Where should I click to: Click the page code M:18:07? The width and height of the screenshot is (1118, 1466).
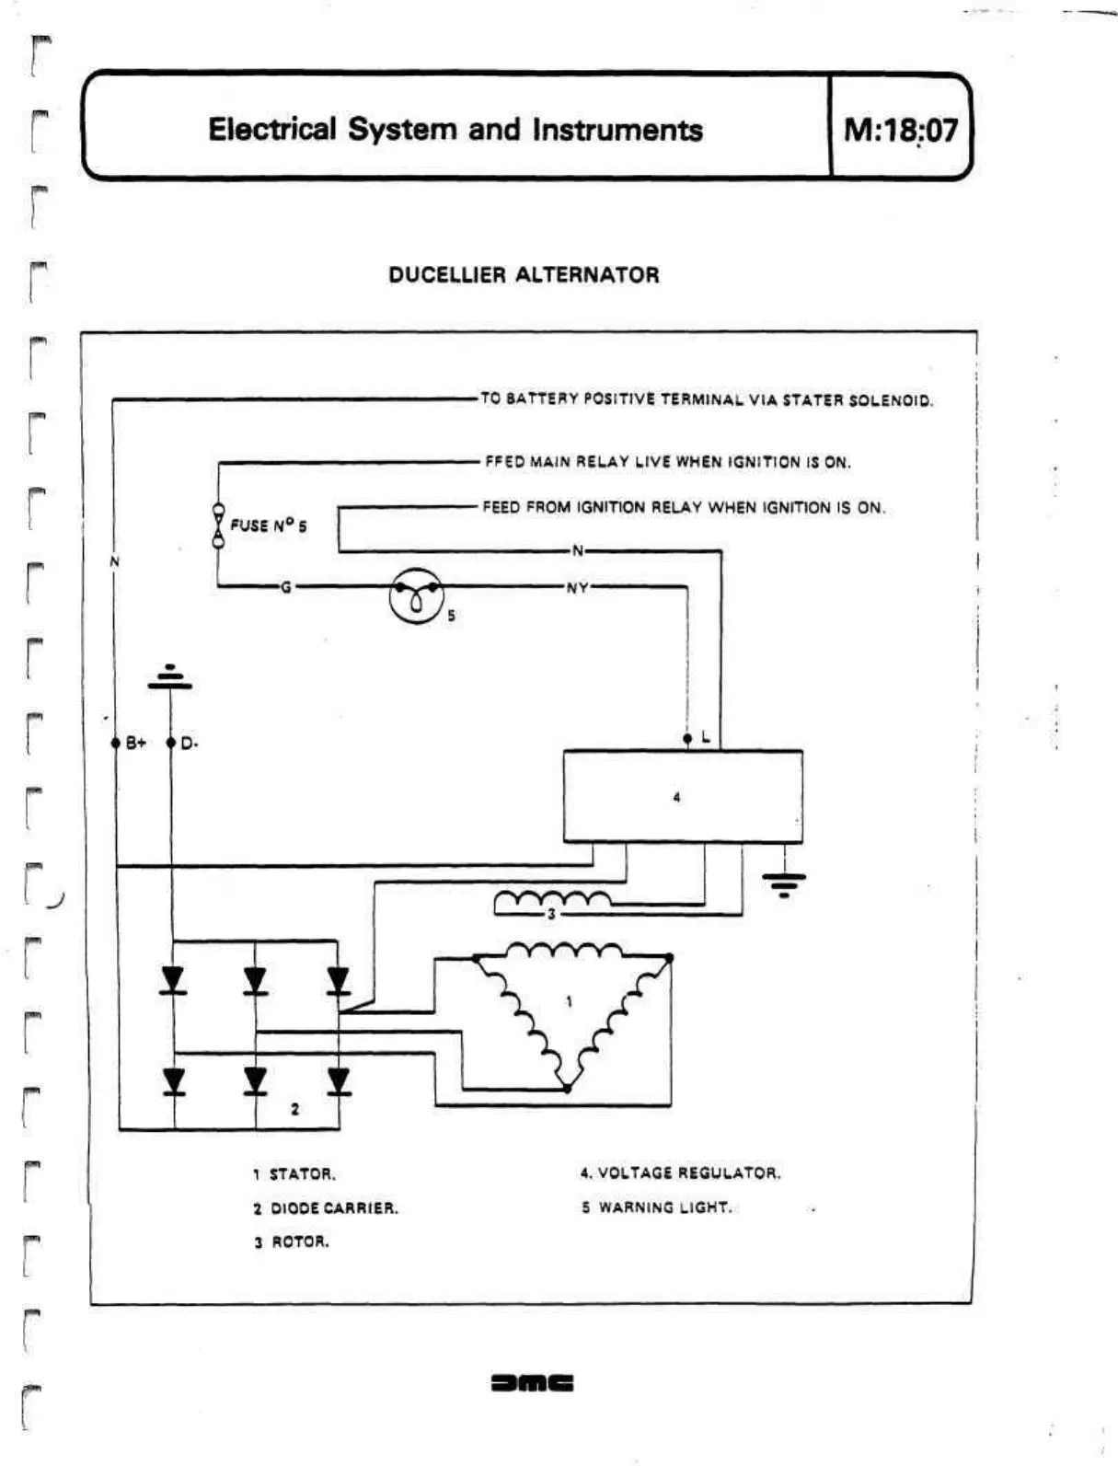[x=900, y=129]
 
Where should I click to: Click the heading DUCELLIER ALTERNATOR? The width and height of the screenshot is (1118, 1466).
[x=524, y=275]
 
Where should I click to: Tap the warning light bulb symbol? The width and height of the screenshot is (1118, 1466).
[x=416, y=596]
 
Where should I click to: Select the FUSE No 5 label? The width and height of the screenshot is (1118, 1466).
[x=268, y=525]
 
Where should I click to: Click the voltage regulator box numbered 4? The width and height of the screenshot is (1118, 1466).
[x=682, y=797]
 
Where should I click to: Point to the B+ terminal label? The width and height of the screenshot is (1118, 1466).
[x=135, y=743]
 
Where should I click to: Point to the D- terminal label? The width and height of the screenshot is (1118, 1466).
[x=190, y=743]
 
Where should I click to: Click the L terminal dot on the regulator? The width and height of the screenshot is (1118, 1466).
[x=687, y=739]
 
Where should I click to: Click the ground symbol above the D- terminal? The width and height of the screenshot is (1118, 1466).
[x=170, y=678]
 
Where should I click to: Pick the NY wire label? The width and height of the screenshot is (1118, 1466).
[x=577, y=588]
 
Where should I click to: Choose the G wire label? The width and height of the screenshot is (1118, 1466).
[x=286, y=587]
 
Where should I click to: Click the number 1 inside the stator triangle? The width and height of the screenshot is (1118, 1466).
[x=569, y=1001]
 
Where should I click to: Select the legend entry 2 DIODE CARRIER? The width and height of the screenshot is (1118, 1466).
[x=326, y=1208]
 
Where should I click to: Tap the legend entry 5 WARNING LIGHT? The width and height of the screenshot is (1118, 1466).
[x=656, y=1207]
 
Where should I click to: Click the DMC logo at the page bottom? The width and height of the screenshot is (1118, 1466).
[x=533, y=1382]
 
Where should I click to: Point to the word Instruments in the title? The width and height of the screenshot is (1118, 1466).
[x=617, y=130]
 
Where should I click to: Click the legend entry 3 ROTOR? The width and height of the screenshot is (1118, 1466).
[x=292, y=1242]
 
